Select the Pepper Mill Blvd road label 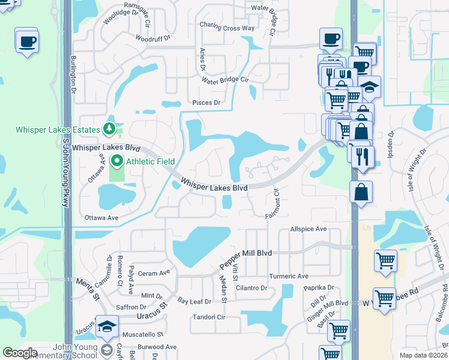tap(246, 253)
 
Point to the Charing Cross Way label tap(227, 28)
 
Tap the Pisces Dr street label tap(206, 103)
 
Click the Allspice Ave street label tap(308, 229)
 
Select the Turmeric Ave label tap(289, 276)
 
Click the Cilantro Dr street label tap(251, 288)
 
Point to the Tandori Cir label tap(208, 317)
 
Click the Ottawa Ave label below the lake tap(102, 218)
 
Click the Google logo tap(20, 353)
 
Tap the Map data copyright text tap(424, 355)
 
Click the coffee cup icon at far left tap(27, 41)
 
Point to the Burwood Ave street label tap(157, 347)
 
